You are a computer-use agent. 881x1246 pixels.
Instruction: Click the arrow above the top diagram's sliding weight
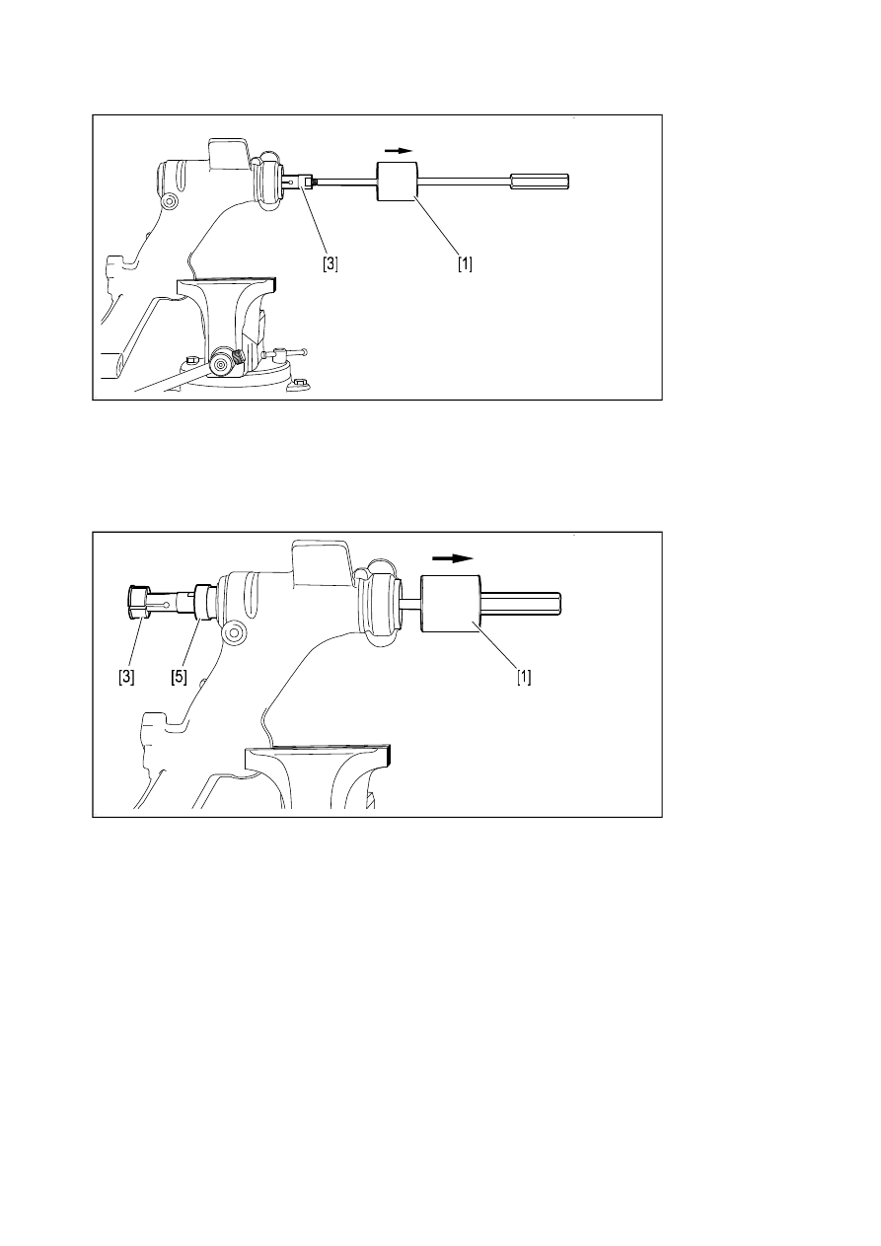pos(399,150)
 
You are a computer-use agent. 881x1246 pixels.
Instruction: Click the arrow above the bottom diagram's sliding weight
pos(453,558)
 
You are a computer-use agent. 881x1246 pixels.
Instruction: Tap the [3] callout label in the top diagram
pos(330,263)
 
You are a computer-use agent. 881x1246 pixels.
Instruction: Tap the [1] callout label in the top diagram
pos(465,263)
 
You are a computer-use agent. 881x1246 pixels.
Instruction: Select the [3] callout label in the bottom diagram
pos(126,677)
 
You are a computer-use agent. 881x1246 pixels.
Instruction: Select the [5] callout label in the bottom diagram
pos(179,677)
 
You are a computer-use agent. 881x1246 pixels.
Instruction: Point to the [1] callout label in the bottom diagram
pos(524,677)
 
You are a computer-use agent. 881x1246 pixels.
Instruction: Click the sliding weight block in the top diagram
pos(398,181)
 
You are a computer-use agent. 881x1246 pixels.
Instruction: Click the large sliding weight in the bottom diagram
pos(451,604)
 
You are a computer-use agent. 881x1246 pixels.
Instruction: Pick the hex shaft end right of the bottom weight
pos(522,604)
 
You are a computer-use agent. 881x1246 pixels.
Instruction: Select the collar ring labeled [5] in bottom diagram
pos(204,602)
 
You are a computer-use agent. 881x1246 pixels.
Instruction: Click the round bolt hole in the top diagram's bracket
pos(170,201)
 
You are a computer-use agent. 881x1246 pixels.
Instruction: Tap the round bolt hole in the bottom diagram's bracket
pos(234,633)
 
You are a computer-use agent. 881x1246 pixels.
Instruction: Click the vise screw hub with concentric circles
pos(221,365)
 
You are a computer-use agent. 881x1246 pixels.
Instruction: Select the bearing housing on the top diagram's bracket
pos(268,182)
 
